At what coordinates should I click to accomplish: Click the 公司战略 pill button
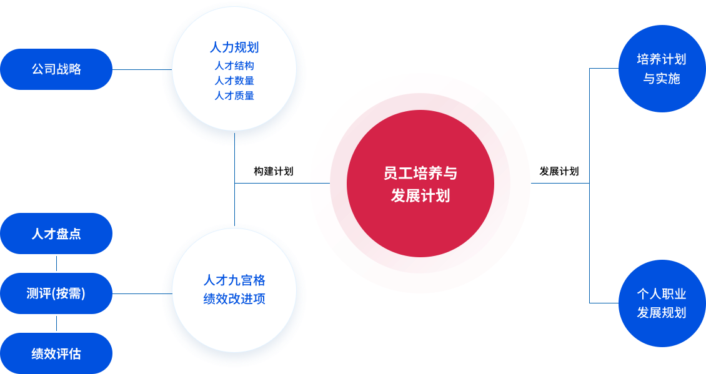pos(56,69)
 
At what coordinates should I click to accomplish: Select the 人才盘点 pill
pos(56,234)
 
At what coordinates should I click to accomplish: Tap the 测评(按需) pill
pos(56,293)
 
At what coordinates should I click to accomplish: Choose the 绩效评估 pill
pos(56,353)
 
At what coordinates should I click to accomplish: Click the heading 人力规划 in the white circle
pos(234,47)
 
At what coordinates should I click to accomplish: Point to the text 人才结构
pos(234,66)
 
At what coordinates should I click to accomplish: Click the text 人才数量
pos(234,81)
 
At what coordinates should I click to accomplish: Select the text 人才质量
pos(234,96)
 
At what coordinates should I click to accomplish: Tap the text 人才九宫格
pos(234,280)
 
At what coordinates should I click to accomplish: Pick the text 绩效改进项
pos(234,299)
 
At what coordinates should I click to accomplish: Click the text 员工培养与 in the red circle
pos(420,174)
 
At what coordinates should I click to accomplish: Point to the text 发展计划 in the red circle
pos(420,195)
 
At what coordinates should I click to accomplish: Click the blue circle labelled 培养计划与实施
pos(662,69)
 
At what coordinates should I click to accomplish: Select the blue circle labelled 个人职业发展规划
pos(662,303)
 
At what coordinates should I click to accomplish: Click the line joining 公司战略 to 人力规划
pos(137,69)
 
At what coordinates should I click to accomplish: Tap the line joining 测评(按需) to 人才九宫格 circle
pos(137,293)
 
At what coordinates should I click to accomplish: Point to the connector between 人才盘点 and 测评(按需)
pos(57,263)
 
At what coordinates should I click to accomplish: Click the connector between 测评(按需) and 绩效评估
pos(57,323)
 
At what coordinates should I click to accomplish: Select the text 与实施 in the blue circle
pos(662,79)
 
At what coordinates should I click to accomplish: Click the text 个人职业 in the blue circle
pos(662,294)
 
